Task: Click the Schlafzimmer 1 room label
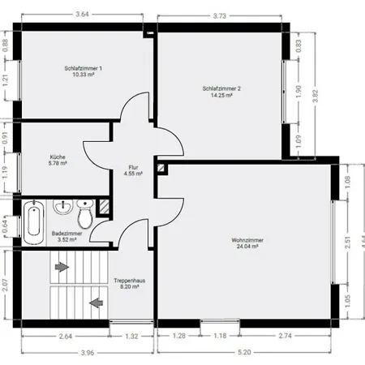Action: pos(84,71)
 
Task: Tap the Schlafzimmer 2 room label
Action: pos(221,92)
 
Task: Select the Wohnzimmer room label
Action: pos(247,243)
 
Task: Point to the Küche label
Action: pos(58,160)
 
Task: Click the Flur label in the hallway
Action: pos(133,170)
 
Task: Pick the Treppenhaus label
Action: pos(130,283)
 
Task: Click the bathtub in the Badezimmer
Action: pos(34,222)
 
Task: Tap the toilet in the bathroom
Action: pos(85,213)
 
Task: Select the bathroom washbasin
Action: pos(63,207)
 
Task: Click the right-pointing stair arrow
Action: pos(62,267)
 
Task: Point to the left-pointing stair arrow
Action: pos(96,303)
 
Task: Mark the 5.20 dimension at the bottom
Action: pos(244,352)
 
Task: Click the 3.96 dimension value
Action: pos(88,353)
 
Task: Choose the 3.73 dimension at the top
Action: pos(220,15)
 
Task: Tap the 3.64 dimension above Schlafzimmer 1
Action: pos(82,14)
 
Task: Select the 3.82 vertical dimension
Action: pos(316,96)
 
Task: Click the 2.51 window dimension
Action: pos(348,243)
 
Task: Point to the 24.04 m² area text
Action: pos(247,247)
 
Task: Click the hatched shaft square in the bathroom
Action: pos(103,207)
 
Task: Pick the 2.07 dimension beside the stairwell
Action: pos(5,285)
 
